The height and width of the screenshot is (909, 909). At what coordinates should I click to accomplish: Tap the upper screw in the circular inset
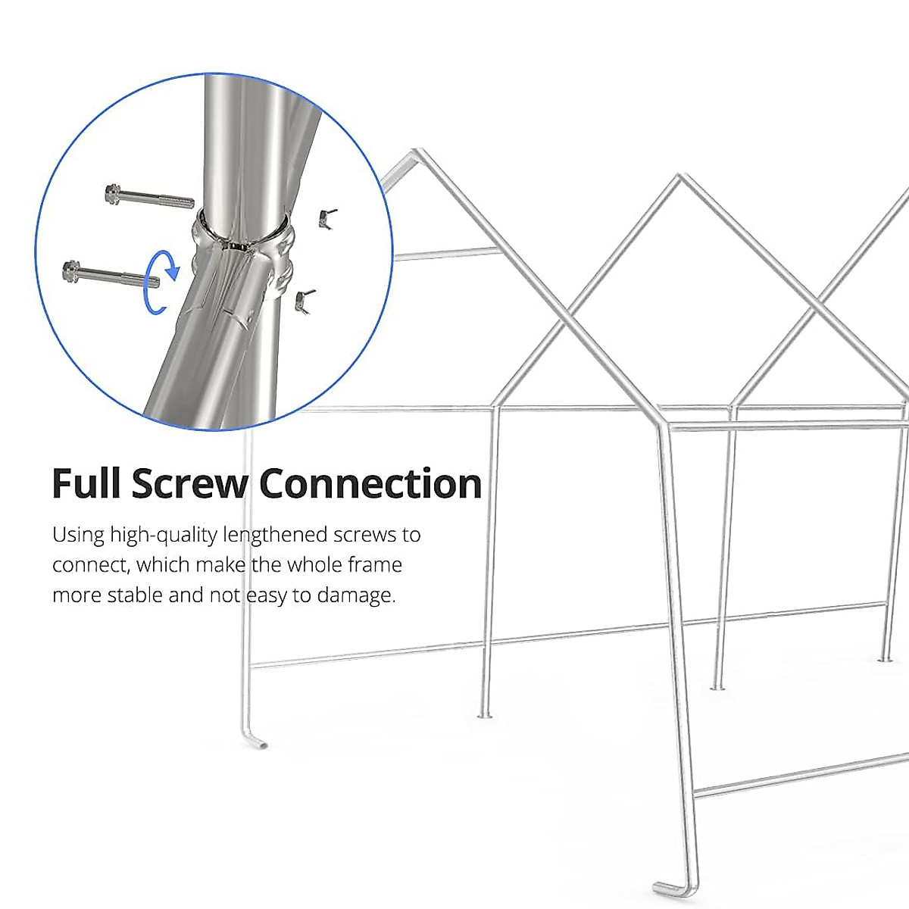tap(150, 198)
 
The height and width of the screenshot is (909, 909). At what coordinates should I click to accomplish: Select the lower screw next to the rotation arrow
tap(110, 273)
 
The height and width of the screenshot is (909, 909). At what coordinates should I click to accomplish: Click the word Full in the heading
tap(86, 483)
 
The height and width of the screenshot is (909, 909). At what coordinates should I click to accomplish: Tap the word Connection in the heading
tap(370, 483)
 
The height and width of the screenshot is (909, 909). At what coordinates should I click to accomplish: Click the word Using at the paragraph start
tap(78, 536)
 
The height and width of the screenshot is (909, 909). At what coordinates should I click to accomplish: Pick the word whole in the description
tap(314, 565)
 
